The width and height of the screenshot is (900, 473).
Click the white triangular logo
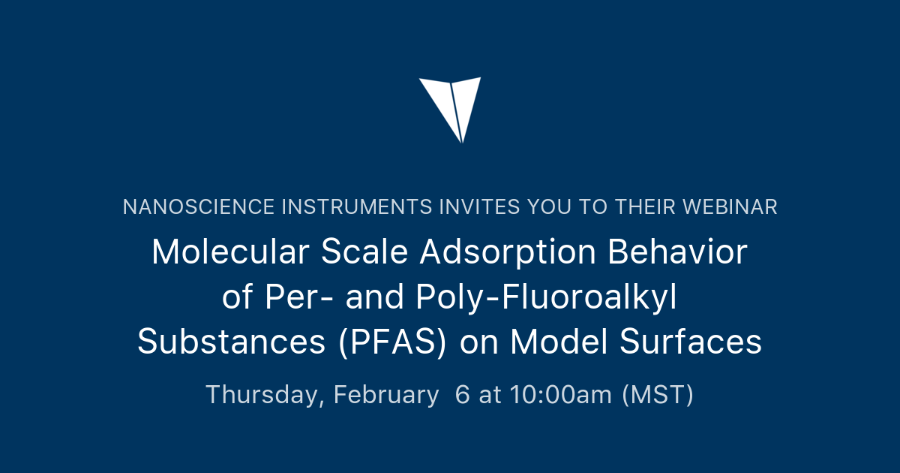tap(450, 105)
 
